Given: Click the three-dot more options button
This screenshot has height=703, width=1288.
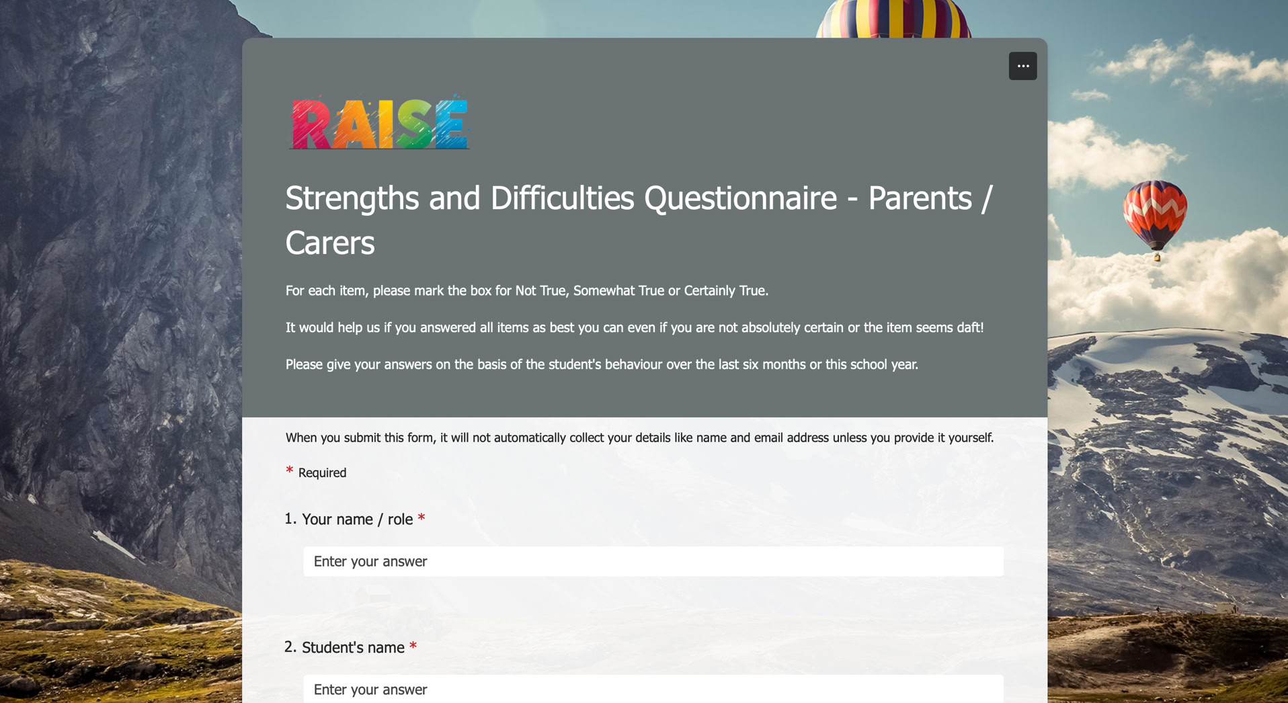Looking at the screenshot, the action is (x=1022, y=66).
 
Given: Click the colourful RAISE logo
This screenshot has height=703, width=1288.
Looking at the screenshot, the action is (x=379, y=122).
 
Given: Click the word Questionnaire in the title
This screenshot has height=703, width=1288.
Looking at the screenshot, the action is (x=740, y=198).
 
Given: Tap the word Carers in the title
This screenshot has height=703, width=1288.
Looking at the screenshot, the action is (x=329, y=243).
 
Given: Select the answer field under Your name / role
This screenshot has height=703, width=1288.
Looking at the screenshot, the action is (x=653, y=561).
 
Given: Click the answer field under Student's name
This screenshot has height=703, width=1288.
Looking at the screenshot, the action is (x=653, y=689).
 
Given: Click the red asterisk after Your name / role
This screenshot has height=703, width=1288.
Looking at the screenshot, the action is (x=421, y=518).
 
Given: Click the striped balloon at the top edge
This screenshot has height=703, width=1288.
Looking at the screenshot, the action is (x=893, y=19).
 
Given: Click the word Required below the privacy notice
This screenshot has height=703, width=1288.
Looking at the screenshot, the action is (x=322, y=472).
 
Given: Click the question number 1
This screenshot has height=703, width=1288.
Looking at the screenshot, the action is (x=290, y=519).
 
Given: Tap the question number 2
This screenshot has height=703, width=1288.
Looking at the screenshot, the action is (x=290, y=647).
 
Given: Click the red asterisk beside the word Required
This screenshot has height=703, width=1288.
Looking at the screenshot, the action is (x=290, y=470).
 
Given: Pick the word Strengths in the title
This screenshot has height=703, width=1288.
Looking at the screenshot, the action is (x=352, y=198).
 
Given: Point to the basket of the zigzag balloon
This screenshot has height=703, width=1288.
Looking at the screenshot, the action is (x=1157, y=257).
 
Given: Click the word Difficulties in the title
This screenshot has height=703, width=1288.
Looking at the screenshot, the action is (x=562, y=198).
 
